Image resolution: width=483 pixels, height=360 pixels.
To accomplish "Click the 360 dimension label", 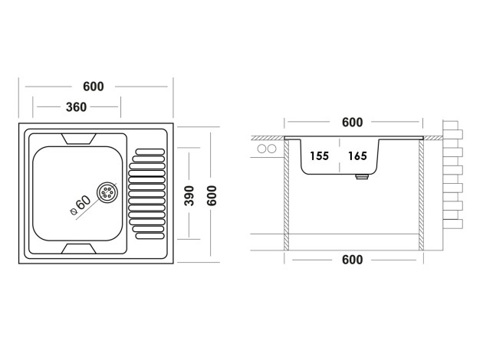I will tap(76, 106).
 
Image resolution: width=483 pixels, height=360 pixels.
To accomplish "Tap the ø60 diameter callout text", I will tap(80, 205).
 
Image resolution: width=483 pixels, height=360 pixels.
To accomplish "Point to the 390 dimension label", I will tap(187, 197).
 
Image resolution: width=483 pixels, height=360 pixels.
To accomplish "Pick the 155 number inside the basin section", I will tap(319, 156).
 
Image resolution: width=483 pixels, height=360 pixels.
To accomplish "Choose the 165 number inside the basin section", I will tap(357, 156).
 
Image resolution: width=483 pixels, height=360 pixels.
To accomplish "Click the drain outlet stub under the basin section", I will tap(361, 177).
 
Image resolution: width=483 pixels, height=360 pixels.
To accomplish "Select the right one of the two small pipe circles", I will tap(271, 149).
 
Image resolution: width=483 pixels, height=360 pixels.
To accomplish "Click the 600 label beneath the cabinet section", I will tap(352, 260).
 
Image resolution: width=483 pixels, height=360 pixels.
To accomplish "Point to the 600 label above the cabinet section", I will tap(352, 123).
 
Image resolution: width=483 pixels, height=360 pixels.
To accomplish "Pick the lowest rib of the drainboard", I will tap(149, 229).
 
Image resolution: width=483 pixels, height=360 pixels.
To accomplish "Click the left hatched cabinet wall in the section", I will tap(287, 195).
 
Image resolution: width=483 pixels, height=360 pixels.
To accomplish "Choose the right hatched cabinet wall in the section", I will tap(422, 195).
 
